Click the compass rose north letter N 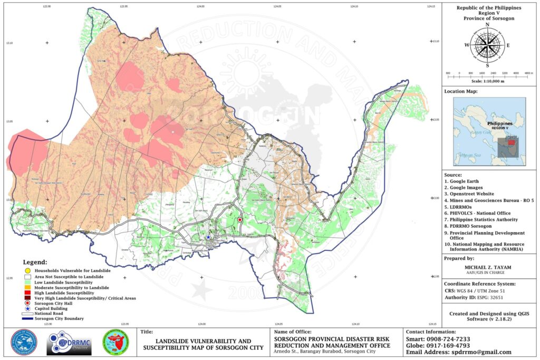487,25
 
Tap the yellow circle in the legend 26,270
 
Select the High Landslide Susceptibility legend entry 26,293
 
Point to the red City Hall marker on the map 239,220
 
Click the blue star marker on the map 208,238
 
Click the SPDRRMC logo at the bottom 69,344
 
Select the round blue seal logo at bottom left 24,344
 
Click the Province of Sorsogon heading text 488,18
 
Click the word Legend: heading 35,262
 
